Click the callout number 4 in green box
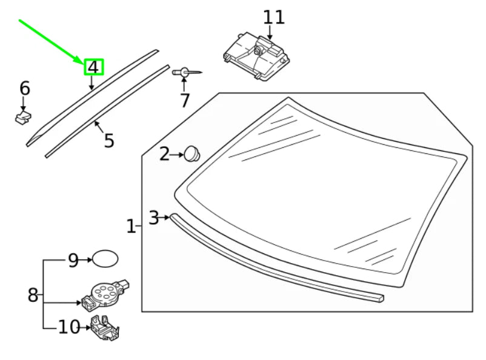(93, 67)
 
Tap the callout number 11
(273, 17)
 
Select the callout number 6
(24, 88)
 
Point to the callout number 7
(185, 100)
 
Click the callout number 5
(108, 141)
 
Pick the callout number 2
(165, 155)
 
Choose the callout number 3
(154, 217)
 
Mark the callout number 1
(131, 227)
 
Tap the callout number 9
(73, 260)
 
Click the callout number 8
(33, 296)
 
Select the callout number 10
(68, 328)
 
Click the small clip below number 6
(23, 116)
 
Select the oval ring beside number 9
(105, 259)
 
